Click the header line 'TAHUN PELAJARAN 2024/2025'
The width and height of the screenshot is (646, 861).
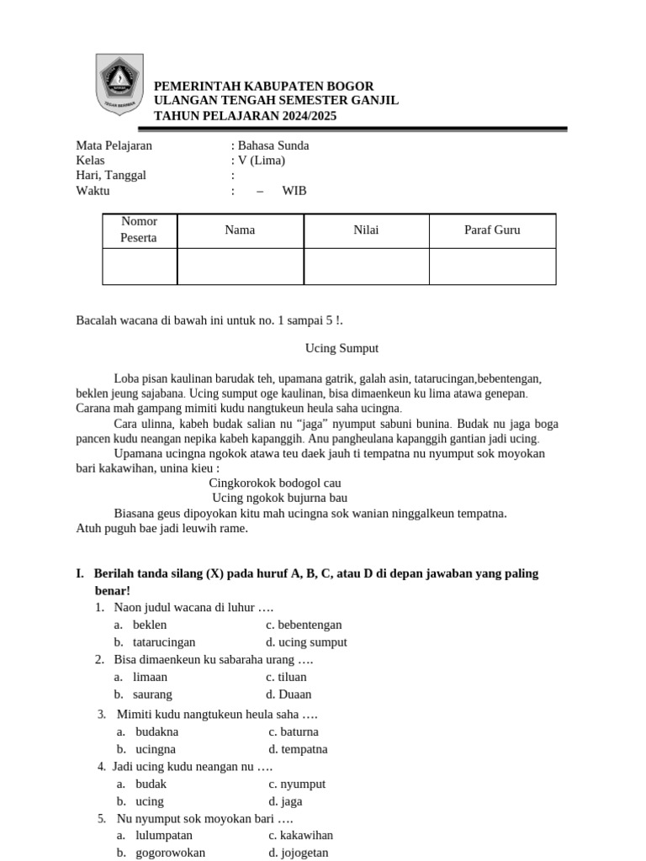(245, 116)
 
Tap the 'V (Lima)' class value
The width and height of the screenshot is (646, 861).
(262, 161)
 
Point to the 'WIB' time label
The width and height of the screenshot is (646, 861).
(294, 191)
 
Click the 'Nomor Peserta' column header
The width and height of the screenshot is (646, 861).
(140, 230)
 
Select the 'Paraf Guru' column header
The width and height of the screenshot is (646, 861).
(492, 230)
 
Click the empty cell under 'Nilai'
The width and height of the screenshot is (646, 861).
(366, 267)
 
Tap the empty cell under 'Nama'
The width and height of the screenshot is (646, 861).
(240, 267)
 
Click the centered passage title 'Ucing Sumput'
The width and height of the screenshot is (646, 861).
(342, 347)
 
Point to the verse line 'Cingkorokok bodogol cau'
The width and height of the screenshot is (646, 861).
(275, 483)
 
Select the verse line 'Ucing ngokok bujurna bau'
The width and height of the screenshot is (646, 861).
(279, 498)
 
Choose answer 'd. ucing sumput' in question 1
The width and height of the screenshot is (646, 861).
(306, 642)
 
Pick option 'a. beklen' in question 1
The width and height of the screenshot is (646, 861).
(149, 625)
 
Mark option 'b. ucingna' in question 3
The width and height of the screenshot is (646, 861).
(155, 749)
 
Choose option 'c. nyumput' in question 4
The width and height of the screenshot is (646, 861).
(297, 784)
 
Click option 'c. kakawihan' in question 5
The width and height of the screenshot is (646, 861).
(300, 835)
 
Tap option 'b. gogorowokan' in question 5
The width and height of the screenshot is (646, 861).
(168, 853)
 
